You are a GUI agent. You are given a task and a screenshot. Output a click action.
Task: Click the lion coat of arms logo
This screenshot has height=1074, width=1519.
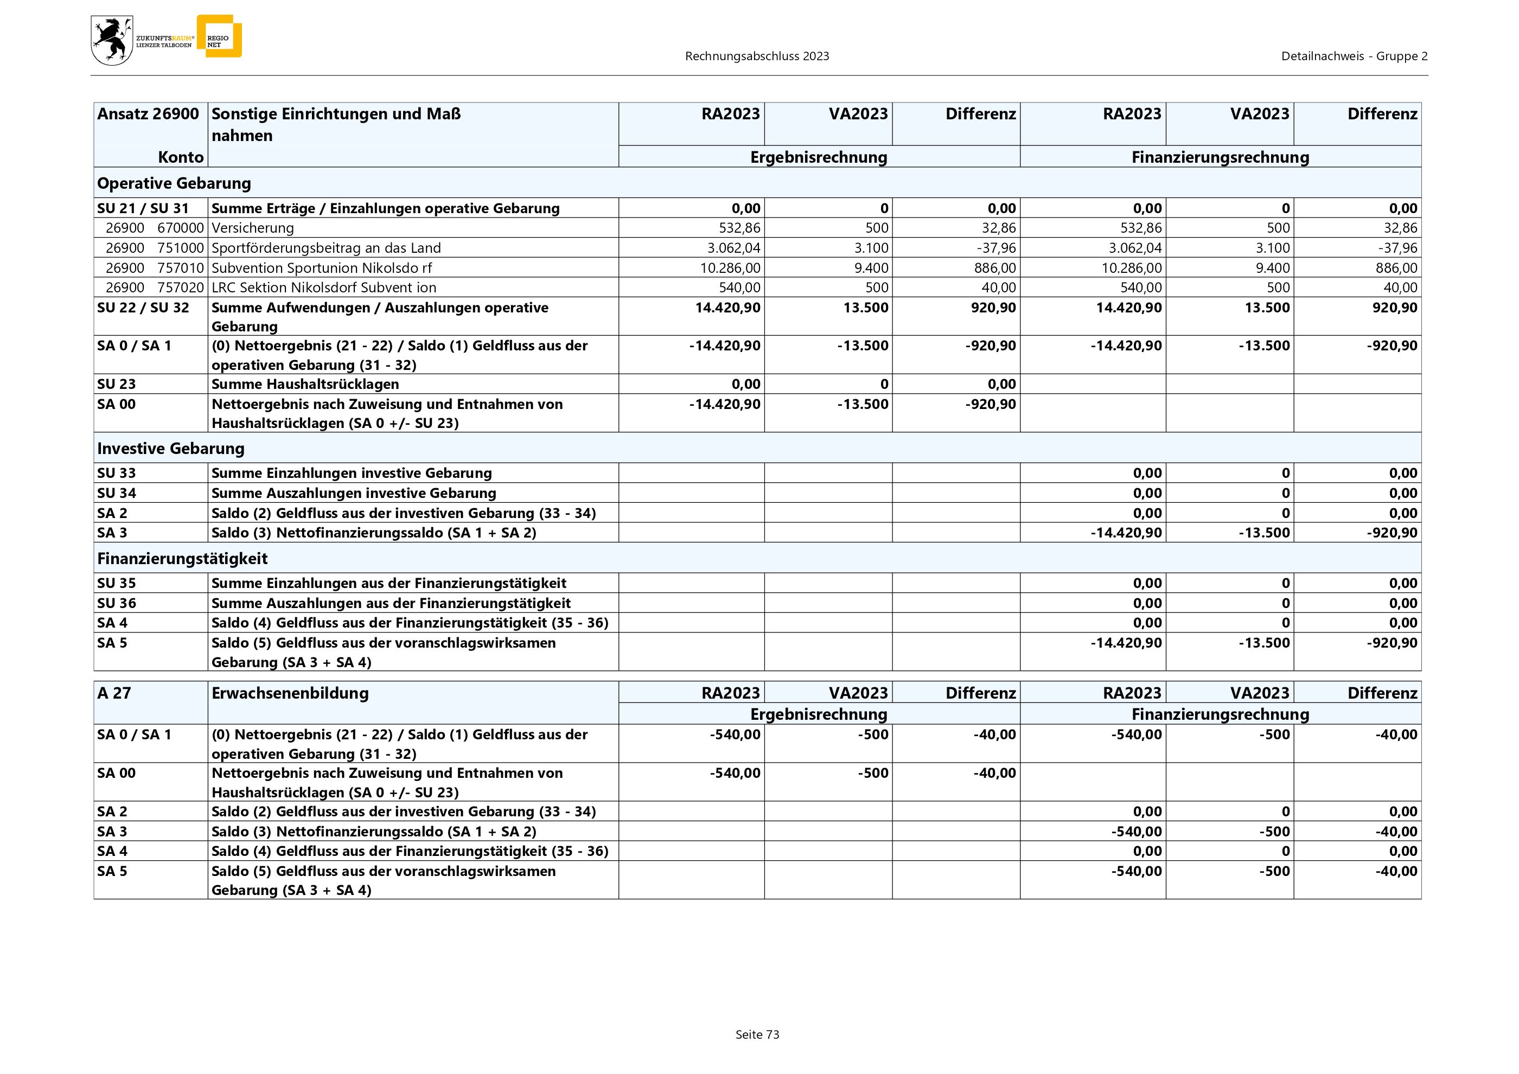[112, 40]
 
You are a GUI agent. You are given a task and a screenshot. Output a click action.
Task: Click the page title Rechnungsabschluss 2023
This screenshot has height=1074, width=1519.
[757, 56]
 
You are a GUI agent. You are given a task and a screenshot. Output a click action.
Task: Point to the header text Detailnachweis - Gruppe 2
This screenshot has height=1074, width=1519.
[1354, 56]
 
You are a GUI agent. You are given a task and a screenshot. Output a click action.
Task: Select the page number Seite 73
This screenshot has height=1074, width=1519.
[757, 1034]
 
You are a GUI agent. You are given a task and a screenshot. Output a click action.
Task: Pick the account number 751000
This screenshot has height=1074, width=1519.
[180, 248]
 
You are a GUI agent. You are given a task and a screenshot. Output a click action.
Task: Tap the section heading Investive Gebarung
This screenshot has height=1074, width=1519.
[171, 449]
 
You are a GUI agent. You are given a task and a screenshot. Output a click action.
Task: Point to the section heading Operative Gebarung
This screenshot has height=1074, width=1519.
[174, 183]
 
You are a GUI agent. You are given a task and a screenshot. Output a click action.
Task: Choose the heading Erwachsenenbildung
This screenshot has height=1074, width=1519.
[290, 693]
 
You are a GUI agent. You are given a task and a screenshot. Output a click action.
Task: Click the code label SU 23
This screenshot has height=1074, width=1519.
[117, 384]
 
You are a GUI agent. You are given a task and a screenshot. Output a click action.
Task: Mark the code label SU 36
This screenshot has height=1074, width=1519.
[117, 603]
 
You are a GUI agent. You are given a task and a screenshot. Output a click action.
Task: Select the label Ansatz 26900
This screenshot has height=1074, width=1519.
[148, 114]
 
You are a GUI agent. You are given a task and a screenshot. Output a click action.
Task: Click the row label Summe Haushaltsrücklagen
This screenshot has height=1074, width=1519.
[305, 384]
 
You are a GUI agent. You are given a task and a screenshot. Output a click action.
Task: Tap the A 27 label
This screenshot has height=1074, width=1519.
[114, 693]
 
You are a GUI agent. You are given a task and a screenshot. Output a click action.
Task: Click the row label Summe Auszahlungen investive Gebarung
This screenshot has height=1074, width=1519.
[353, 493]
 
